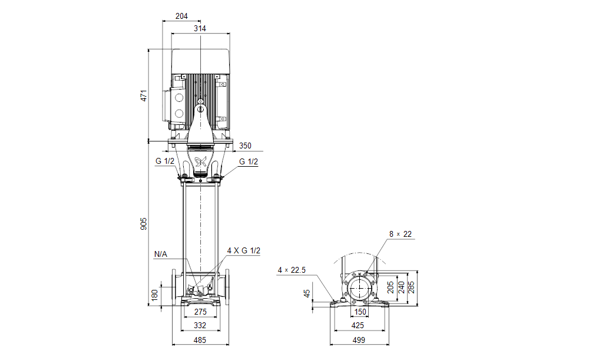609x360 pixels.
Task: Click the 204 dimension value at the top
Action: click(182, 16)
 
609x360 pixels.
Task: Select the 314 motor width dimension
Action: click(200, 28)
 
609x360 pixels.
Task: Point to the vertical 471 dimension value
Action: click(143, 96)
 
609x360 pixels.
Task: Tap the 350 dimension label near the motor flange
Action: click(245, 146)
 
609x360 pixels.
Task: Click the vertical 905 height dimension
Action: click(143, 224)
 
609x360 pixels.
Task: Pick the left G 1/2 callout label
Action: click(166, 161)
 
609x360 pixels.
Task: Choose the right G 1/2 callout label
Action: click(248, 161)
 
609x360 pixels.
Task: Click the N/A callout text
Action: click(161, 255)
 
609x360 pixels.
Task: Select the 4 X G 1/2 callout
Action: click(243, 250)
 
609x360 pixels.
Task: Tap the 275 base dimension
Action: click(200, 312)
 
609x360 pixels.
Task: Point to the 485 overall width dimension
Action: click(200, 340)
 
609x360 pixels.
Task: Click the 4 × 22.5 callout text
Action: click(292, 270)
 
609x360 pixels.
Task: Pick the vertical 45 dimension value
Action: click(307, 293)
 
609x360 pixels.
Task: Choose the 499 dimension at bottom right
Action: click(359, 340)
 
